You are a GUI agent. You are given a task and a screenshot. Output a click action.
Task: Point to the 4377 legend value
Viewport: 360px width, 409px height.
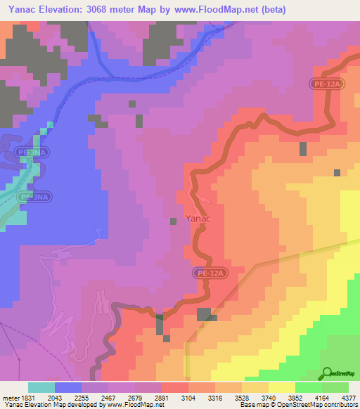click(x=349, y=397)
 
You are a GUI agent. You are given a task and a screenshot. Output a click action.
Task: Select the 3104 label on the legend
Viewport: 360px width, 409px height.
click(x=189, y=397)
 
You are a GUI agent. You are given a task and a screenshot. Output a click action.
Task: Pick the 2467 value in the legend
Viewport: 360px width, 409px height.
click(x=109, y=397)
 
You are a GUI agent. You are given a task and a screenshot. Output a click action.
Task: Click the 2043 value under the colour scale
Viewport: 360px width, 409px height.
click(x=56, y=397)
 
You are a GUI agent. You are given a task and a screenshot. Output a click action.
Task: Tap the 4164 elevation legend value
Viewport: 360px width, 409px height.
click(x=323, y=397)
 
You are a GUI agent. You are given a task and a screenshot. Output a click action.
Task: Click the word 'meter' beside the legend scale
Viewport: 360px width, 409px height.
click(x=11, y=397)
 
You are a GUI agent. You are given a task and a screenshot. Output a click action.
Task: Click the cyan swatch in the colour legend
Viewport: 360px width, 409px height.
click(x=41, y=387)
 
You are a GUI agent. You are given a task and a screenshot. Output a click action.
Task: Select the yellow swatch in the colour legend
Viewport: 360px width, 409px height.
click(x=282, y=387)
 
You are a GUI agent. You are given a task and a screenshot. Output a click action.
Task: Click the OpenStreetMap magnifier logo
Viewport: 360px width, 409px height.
click(x=326, y=373)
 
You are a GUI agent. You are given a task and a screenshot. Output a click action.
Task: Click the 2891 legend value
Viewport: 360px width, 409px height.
click(x=162, y=397)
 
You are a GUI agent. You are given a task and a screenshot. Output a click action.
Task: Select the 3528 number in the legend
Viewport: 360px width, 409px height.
click(x=243, y=397)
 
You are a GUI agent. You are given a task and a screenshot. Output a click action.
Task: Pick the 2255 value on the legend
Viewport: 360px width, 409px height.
click(x=82, y=397)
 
